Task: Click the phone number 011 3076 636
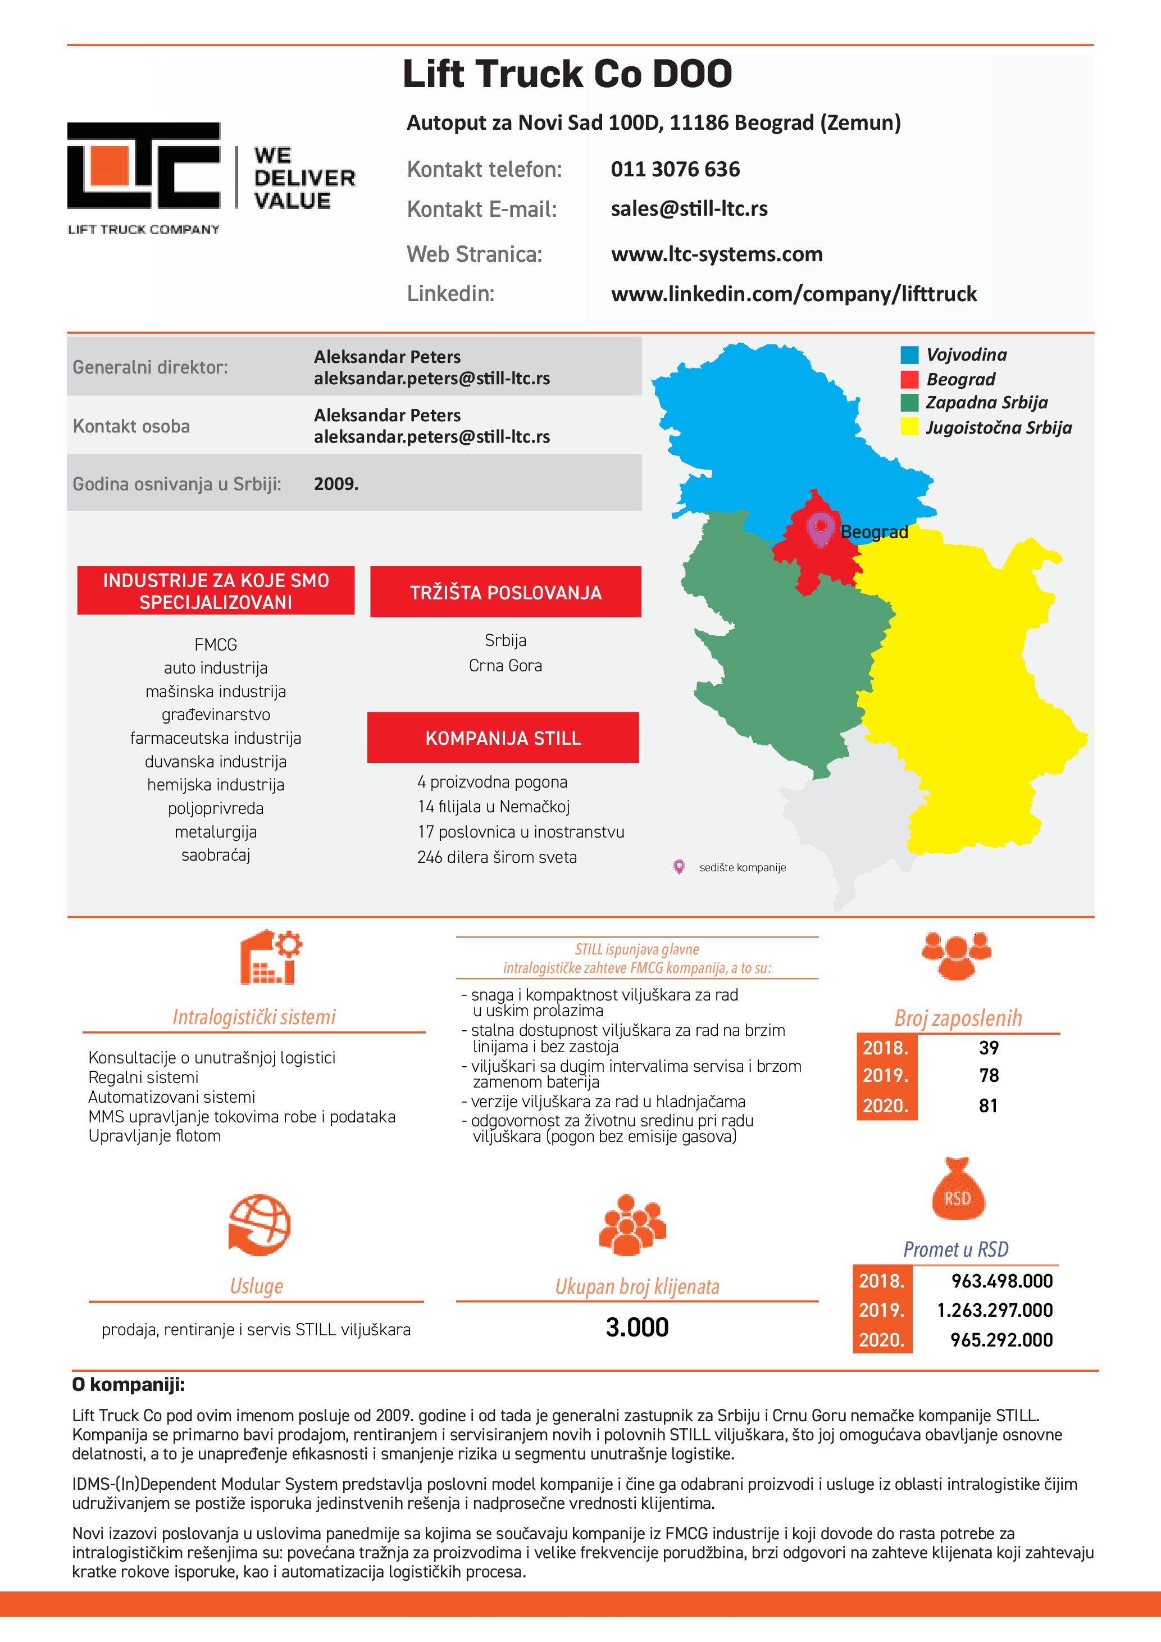coord(675,170)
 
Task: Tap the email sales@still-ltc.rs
coord(689,209)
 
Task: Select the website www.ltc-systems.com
coord(716,254)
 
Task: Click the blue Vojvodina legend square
coord(909,354)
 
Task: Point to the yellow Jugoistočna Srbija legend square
coord(909,427)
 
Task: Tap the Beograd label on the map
coord(873,532)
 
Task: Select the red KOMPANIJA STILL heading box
coord(503,738)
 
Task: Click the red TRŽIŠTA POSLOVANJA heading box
coord(506,592)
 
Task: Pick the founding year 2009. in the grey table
coord(336,484)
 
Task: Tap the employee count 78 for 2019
coord(989,1076)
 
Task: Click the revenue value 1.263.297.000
coord(994,1310)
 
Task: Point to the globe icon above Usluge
coord(259,1225)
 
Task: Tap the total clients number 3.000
coord(637,1328)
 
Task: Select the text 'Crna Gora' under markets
coord(506,666)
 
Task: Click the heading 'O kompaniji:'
coord(129,1385)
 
